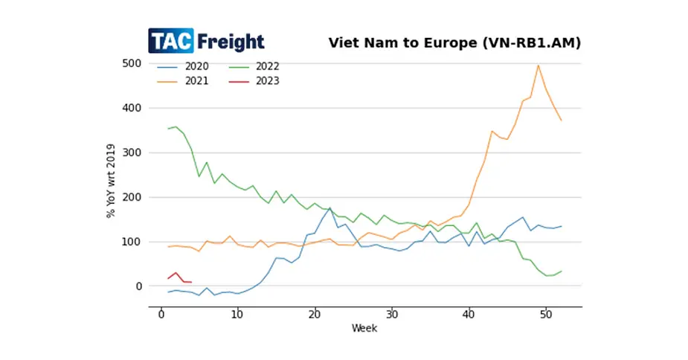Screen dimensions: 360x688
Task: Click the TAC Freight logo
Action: click(x=206, y=41)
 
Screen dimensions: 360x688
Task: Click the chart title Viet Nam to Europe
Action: click(x=454, y=42)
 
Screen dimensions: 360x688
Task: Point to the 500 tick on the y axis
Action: click(x=132, y=63)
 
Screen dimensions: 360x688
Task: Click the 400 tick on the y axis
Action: click(x=132, y=108)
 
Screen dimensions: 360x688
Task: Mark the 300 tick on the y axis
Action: click(x=132, y=152)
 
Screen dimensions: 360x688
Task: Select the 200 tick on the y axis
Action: click(x=132, y=197)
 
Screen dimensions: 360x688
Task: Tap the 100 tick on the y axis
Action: click(x=132, y=242)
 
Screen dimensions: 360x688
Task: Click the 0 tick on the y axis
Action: click(x=138, y=286)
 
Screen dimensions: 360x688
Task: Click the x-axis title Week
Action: click(x=364, y=328)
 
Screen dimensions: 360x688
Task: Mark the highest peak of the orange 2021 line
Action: click(x=538, y=65)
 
